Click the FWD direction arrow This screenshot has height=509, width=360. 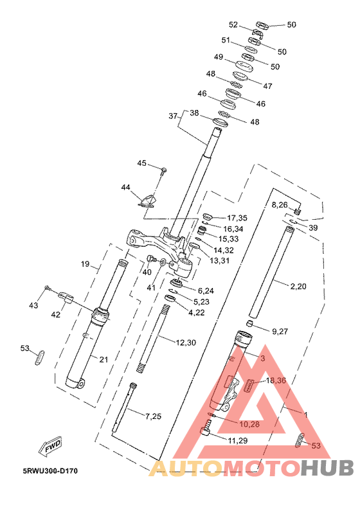(x=50, y=447)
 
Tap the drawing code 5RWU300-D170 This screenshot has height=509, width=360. (x=50, y=470)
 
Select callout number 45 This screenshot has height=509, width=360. (x=142, y=163)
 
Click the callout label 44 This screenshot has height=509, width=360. (x=125, y=187)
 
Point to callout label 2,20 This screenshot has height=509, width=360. (x=298, y=287)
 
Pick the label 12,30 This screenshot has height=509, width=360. (x=186, y=343)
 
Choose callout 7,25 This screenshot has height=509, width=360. (x=153, y=416)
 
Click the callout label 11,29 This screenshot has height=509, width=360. (x=238, y=440)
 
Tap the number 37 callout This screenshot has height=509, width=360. (x=174, y=116)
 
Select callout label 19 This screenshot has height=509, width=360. (x=85, y=264)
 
